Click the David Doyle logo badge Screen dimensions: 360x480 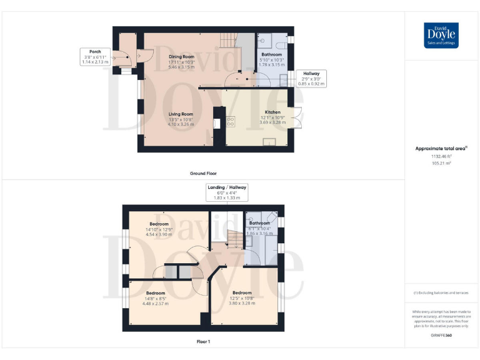pyautogui.click(x=441, y=36)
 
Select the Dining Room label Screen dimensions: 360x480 pyautogui.click(x=182, y=56)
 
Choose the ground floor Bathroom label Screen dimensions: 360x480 pyautogui.click(x=271, y=55)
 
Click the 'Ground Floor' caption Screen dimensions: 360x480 pyautogui.click(x=203, y=173)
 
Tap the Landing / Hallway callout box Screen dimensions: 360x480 pyautogui.click(x=227, y=192)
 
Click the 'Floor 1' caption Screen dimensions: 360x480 pyautogui.click(x=203, y=342)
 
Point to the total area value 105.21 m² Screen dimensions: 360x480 pyautogui.click(x=441, y=162)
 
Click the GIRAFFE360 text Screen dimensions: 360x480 pyautogui.click(x=441, y=336)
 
